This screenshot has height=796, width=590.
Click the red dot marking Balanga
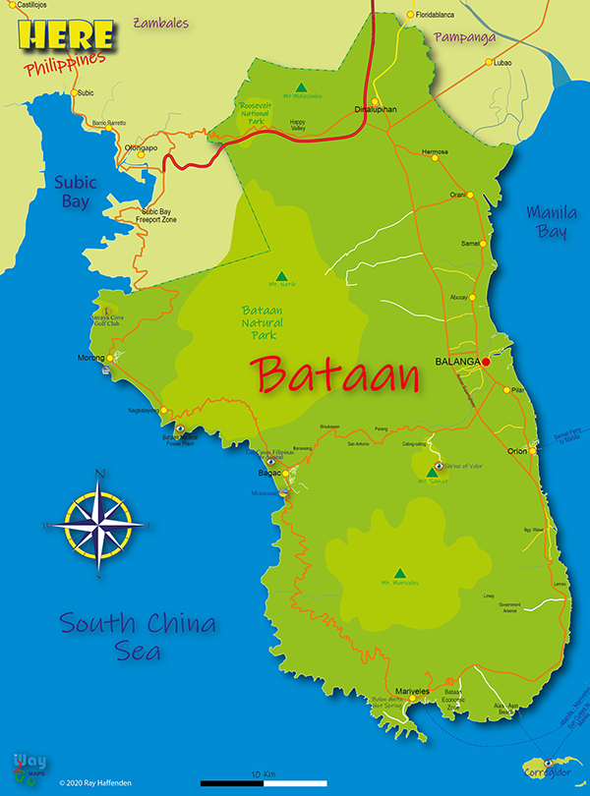coord(486,362)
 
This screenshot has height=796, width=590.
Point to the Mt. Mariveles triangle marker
coord(399,573)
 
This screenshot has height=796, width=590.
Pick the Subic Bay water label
coord(73,192)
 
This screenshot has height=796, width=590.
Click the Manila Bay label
coord(552,221)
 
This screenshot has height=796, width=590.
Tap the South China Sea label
coord(138,635)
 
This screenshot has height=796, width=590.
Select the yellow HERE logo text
coord(65,36)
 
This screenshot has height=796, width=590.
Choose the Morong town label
coord(90,358)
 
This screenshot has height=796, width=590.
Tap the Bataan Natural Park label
coord(263,322)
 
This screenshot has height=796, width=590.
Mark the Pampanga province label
coord(460,37)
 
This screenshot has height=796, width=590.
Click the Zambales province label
coord(160,22)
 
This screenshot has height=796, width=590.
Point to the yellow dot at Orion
coord(532,450)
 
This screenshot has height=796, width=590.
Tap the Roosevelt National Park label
coord(260,111)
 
